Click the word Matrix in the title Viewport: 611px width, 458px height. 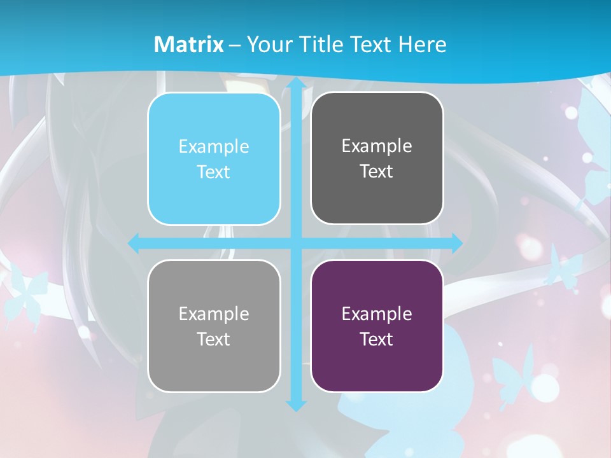click(189, 45)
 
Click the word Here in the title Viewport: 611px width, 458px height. click(423, 45)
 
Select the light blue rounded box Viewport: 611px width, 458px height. click(214, 159)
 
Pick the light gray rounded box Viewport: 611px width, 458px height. click(214, 326)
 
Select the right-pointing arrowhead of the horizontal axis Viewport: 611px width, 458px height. click(456, 243)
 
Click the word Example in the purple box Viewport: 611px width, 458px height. click(377, 314)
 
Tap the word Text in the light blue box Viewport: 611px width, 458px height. click(214, 172)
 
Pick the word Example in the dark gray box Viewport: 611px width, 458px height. click(377, 146)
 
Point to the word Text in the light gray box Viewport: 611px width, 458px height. click(214, 340)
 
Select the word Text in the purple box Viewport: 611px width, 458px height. click(377, 340)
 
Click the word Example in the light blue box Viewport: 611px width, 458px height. click(214, 147)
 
